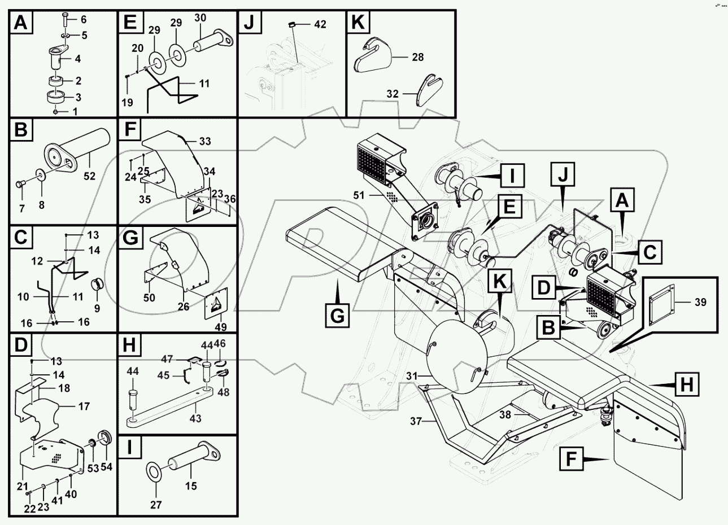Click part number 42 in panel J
pos(320,24)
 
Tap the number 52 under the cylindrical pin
pos(89,177)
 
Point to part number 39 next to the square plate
pos(700,302)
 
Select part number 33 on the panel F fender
pos(204,141)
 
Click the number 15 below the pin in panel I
pos(191,485)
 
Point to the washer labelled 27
pos(154,471)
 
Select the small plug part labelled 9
pos(97,282)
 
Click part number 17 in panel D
pos(84,405)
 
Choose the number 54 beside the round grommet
pos(106,468)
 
